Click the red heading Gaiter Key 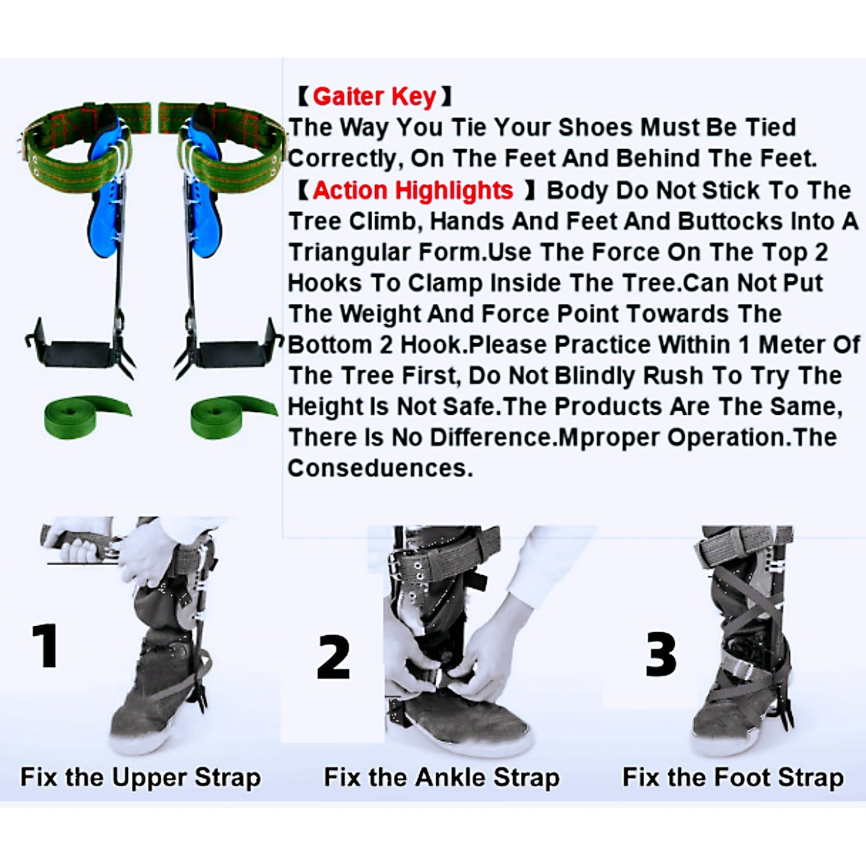pyautogui.click(x=374, y=96)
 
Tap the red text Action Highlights pyautogui.click(x=412, y=191)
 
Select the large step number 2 pyautogui.click(x=333, y=657)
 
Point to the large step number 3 pyautogui.click(x=660, y=654)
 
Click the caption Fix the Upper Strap pyautogui.click(x=140, y=777)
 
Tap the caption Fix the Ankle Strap pyautogui.click(x=442, y=777)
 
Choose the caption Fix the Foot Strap pyautogui.click(x=732, y=777)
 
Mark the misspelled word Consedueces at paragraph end pyautogui.click(x=379, y=468)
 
